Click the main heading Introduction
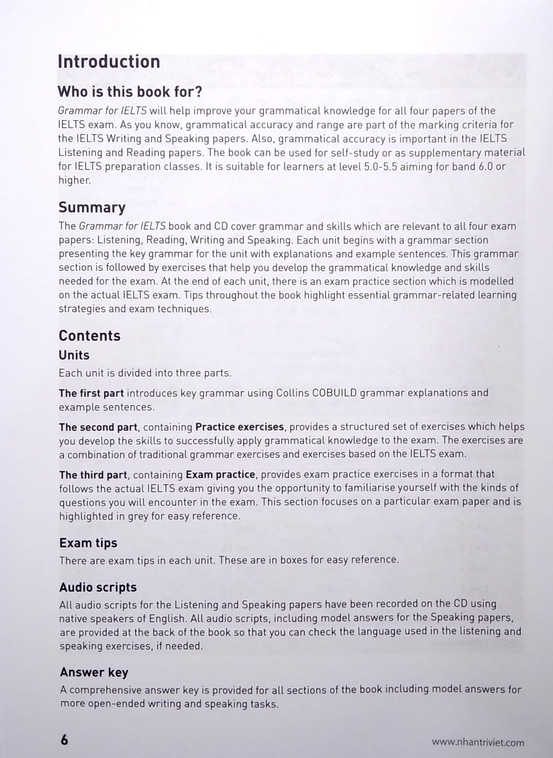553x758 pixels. [109, 62]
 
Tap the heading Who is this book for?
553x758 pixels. [130, 92]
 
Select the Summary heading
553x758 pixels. [92, 208]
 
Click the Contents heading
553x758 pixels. [90, 336]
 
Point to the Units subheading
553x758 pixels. [74, 355]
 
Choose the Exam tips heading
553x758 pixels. [88, 543]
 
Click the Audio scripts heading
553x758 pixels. [98, 587]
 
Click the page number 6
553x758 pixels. [64, 740]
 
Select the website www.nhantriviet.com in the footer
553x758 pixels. [478, 743]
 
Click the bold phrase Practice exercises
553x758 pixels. [239, 427]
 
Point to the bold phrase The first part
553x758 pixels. [91, 394]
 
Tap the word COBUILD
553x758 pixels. [334, 393]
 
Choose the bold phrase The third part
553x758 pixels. [93, 475]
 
